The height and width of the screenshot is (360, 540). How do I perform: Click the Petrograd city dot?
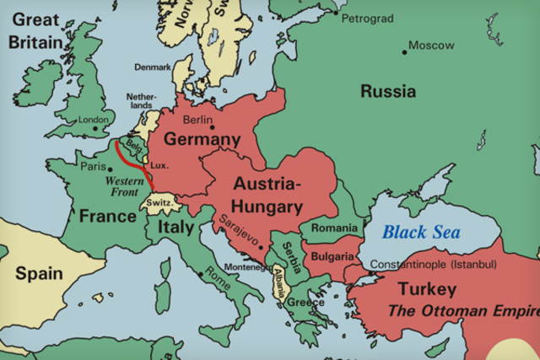pyautogui.click(x=336, y=13)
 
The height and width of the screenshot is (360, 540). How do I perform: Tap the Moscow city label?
pyautogui.click(x=430, y=45)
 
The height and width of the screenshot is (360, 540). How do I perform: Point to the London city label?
pyautogui.click(x=94, y=120)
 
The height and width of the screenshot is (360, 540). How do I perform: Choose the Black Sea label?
pyautogui.click(x=421, y=232)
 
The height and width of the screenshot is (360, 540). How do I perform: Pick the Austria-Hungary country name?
pyautogui.click(x=268, y=195)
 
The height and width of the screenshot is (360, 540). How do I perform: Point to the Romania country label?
pyautogui.click(x=334, y=228)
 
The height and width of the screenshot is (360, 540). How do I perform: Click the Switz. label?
pyautogui.click(x=159, y=203)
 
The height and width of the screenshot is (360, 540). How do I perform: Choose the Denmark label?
pyautogui.click(x=152, y=66)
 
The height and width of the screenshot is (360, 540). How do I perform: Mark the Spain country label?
pyautogui.click(x=39, y=273)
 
